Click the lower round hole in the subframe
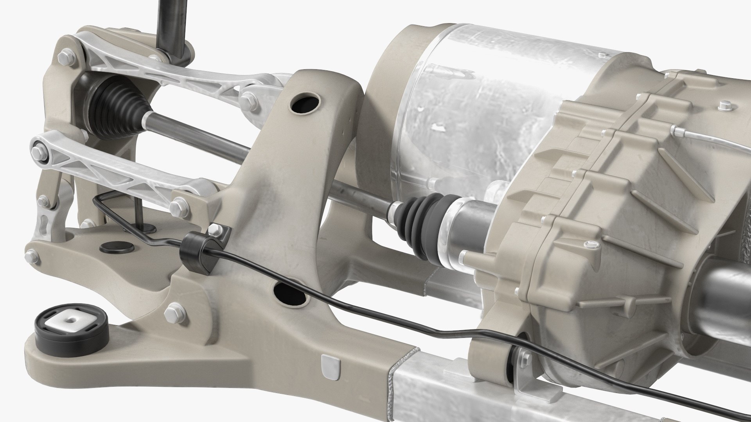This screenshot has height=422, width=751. coord(290,295)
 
